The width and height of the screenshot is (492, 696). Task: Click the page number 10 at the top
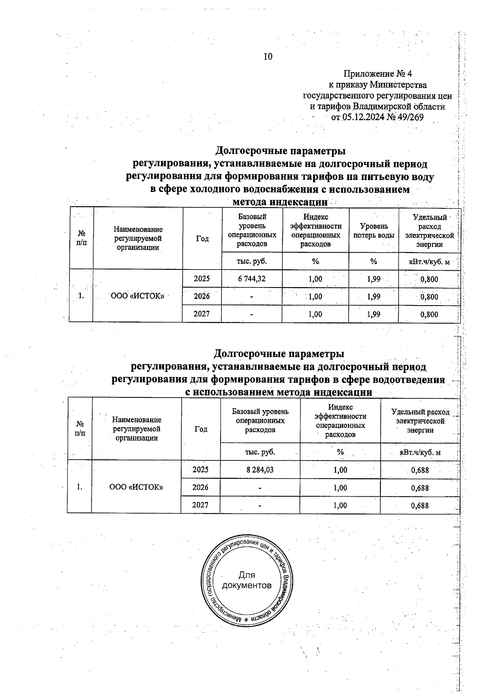pos(268,57)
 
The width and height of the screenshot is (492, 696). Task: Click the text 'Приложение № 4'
pos(377,74)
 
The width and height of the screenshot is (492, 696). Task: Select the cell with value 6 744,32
pos(252,279)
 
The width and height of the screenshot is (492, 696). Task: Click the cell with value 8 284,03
pos(260,470)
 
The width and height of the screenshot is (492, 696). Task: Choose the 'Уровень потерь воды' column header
pos(374,230)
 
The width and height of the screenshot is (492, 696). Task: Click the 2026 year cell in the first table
pos(201,296)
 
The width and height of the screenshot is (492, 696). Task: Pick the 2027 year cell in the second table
pos(200,505)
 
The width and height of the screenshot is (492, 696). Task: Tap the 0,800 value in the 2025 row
pos(429,279)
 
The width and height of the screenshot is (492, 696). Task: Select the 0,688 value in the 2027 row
pos(420,505)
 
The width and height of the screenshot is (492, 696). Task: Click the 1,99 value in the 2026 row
pos(373,297)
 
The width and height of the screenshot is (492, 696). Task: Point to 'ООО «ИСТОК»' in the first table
pos(138,296)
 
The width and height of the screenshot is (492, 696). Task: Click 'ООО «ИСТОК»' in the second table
pos(136,487)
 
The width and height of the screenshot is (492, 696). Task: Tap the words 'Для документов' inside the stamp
pos(246,580)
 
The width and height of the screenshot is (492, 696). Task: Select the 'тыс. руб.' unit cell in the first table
pos(252,261)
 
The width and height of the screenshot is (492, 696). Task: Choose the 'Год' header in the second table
pos(201,429)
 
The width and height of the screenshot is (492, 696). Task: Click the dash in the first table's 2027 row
pos(252,314)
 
